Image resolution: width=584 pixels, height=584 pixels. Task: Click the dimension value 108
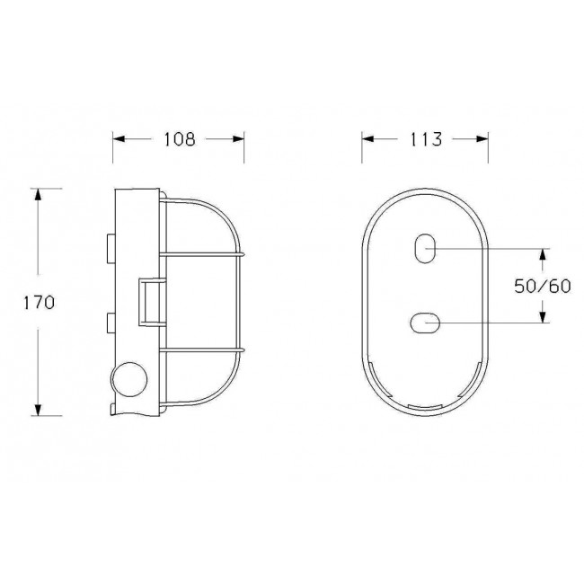tap(179, 139)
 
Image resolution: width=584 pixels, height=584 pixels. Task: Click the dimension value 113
tap(426, 139)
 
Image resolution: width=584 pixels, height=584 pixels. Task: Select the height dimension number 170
tap(40, 302)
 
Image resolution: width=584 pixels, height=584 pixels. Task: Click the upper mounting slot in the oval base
tap(425, 249)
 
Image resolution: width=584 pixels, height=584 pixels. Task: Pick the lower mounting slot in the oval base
tap(425, 322)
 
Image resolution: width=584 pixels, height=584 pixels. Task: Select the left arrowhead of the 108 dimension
tap(117, 139)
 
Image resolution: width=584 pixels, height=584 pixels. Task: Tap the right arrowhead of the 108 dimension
tap(240, 139)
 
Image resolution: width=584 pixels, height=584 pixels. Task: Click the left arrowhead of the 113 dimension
tap(367, 139)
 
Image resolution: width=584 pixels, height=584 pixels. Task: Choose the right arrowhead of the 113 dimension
tap(485, 139)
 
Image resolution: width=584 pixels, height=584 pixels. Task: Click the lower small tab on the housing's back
tap(109, 323)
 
